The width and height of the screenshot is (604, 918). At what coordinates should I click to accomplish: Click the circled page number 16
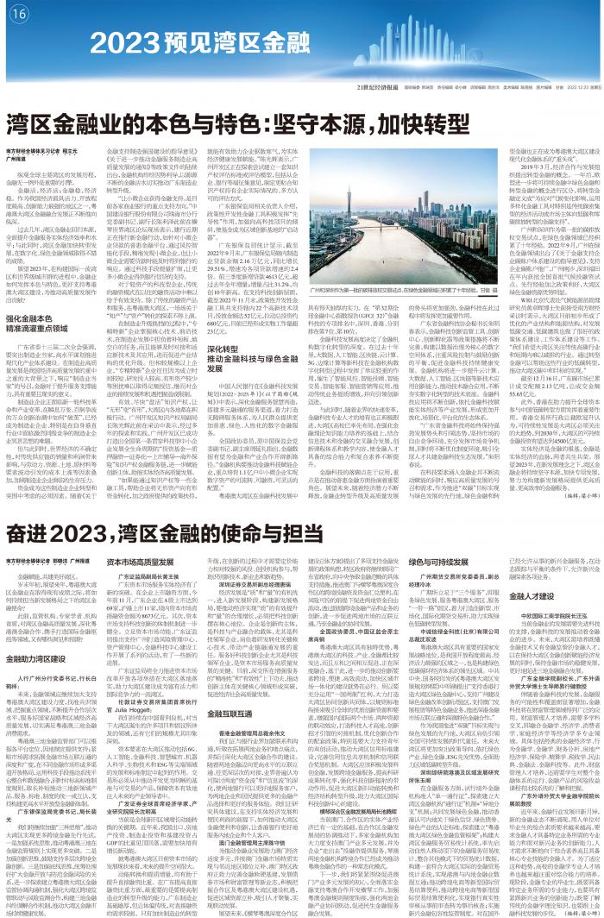20,15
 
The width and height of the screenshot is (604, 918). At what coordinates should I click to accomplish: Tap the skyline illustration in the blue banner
483,47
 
